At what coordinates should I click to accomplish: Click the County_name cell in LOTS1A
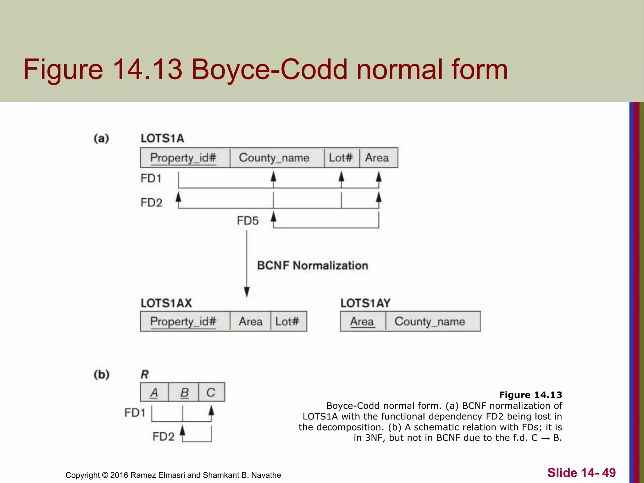click(x=274, y=158)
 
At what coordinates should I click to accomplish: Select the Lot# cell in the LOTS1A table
click(x=341, y=158)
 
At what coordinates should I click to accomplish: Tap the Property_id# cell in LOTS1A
click(x=184, y=158)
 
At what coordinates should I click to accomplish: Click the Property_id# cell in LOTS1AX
click(x=184, y=321)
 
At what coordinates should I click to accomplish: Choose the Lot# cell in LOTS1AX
click(x=287, y=321)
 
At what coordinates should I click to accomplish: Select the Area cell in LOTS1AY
click(x=362, y=321)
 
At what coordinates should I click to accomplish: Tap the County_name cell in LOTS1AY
click(x=430, y=321)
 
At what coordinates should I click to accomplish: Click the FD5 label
click(x=248, y=221)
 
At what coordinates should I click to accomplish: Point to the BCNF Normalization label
click(x=313, y=266)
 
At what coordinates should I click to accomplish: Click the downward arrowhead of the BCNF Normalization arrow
click(x=247, y=292)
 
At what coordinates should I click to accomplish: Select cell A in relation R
click(x=154, y=392)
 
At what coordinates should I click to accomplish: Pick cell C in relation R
click(x=211, y=392)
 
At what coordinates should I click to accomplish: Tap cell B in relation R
click(x=184, y=392)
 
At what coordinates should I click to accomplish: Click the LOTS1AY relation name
click(x=365, y=303)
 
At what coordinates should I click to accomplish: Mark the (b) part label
click(x=102, y=375)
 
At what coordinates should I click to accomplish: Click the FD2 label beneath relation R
click(x=163, y=436)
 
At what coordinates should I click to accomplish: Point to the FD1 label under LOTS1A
click(x=151, y=179)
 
